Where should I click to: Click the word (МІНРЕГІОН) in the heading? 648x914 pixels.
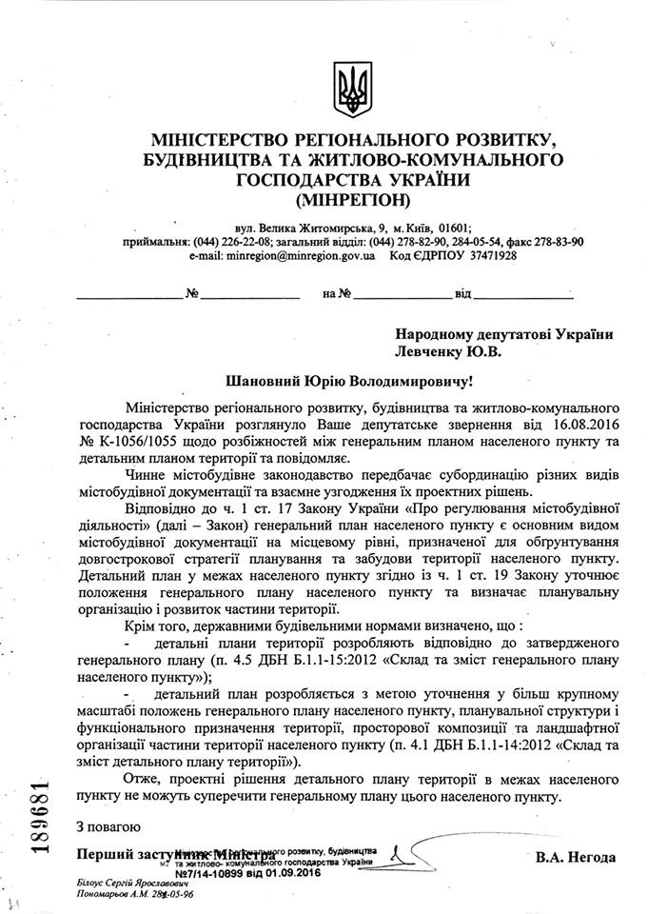click(351, 200)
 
